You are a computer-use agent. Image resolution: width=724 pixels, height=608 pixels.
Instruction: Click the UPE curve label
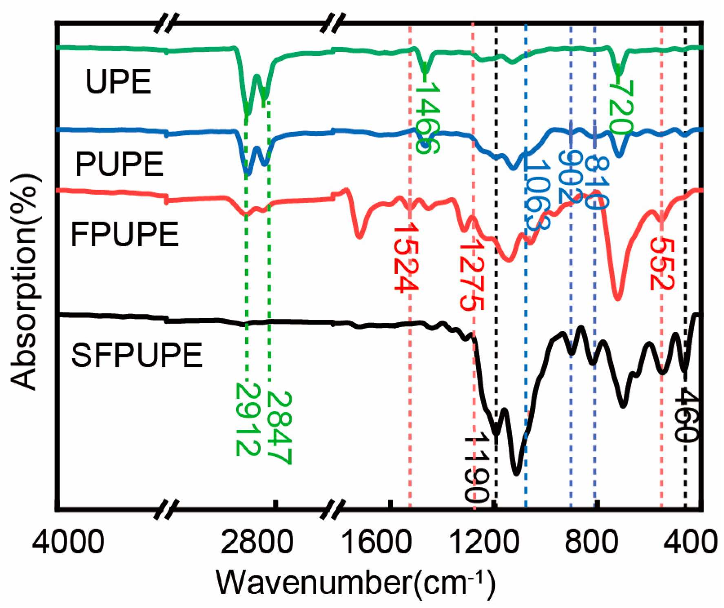118,82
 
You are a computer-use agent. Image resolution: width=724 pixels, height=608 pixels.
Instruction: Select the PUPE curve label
120,164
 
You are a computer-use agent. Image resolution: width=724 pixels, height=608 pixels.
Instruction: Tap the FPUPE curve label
125,234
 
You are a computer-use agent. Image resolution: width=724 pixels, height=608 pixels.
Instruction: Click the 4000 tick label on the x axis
68,542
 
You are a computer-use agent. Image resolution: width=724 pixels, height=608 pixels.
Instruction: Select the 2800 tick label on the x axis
257,542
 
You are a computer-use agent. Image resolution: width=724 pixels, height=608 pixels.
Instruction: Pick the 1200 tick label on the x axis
484,542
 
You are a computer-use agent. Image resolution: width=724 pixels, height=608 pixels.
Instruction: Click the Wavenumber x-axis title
355,583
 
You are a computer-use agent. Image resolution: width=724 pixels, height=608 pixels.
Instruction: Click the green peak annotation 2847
279,428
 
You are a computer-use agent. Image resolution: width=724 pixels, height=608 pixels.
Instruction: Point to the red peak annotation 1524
406,257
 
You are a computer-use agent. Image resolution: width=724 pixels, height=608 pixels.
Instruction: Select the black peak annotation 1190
476,469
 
